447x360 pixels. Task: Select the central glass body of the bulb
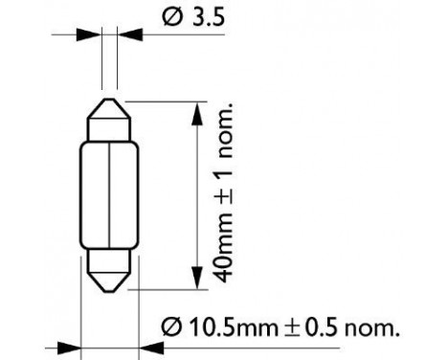(106, 195)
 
